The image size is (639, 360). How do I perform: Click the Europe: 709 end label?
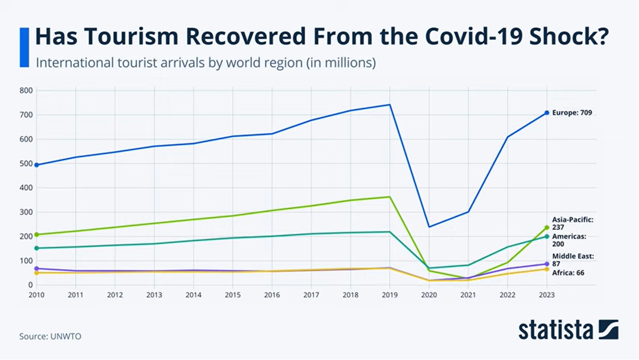tap(572, 113)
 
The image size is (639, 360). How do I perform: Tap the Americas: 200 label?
tap(569, 240)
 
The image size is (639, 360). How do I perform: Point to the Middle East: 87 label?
tap(573, 260)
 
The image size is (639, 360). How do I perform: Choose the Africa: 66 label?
tap(568, 273)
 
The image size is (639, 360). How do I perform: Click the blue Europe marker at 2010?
tap(37, 165)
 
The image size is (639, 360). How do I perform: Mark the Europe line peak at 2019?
tap(390, 105)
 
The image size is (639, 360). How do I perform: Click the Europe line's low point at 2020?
tap(428, 227)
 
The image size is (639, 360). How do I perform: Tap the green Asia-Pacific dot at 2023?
tap(547, 228)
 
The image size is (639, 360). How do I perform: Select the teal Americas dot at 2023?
tap(547, 236)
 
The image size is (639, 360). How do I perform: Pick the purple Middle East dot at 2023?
tap(547, 264)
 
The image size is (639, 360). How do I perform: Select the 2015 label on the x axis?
tap(233, 295)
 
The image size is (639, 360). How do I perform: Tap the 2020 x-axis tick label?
tap(428, 295)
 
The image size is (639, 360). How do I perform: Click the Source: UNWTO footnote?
tap(50, 336)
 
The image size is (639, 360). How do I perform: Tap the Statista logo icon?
tap(608, 330)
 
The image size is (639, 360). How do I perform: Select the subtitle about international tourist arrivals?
tap(206, 63)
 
